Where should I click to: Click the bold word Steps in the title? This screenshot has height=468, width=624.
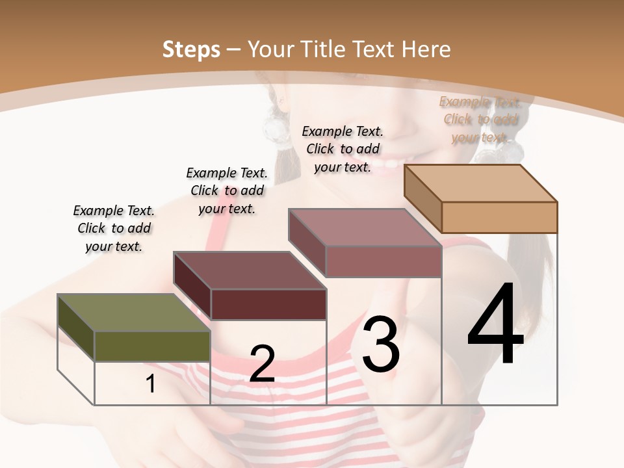191,49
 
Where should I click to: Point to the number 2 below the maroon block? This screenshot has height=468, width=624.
262,364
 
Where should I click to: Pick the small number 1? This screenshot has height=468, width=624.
151,384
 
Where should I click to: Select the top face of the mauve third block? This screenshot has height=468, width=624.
365,227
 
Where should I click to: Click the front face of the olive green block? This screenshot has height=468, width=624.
153,346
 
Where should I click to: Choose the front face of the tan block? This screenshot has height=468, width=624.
499,217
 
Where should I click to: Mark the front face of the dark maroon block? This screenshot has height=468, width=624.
268,304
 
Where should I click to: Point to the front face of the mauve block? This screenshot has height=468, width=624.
383,262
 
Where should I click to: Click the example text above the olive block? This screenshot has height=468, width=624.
114,228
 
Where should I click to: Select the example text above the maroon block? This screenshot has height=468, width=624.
227,190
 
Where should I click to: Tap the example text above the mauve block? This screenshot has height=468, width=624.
343,149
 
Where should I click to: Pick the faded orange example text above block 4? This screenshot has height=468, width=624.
480,119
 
